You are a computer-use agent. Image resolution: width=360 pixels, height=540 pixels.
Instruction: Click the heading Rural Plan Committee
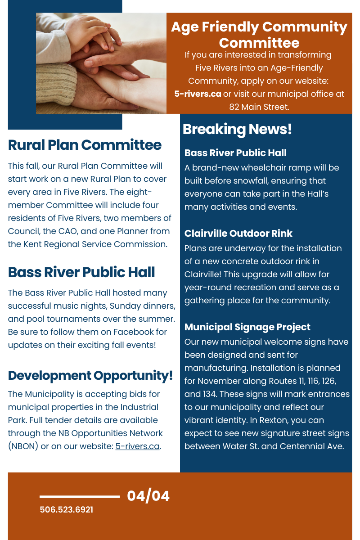coord(85,145)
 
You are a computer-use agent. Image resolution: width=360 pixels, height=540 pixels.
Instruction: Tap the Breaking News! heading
coord(237,129)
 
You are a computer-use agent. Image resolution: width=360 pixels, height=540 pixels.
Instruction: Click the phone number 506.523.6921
coord(66,510)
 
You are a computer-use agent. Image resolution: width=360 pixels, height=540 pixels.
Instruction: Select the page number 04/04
coord(148,496)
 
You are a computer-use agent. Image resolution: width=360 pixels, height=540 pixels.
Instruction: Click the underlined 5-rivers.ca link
coord(138,446)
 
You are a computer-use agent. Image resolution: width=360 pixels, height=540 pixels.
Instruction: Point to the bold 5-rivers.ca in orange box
coord(198,94)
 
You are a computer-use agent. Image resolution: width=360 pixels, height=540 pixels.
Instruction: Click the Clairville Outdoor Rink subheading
coord(238,234)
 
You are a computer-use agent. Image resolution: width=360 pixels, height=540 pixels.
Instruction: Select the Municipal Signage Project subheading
coord(247,327)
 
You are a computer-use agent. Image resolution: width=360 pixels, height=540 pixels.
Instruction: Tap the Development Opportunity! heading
coord(90,376)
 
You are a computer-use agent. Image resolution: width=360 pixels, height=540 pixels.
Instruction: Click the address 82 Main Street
coord(259,107)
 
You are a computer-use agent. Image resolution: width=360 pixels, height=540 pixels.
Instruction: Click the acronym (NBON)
coord(23,446)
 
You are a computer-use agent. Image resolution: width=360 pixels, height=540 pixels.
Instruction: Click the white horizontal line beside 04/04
coord(80,496)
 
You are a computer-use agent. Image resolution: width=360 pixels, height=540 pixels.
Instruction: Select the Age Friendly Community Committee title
coord(259,35)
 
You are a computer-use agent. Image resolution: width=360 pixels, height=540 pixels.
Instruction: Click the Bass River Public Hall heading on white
coord(81,272)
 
